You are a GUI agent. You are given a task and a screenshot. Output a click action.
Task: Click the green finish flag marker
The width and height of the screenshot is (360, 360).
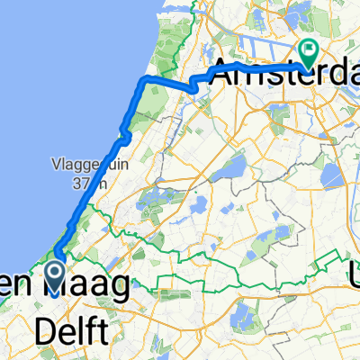(x=309, y=53)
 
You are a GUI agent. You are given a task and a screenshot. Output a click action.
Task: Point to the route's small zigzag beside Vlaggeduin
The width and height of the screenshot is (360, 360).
(x=125, y=135)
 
